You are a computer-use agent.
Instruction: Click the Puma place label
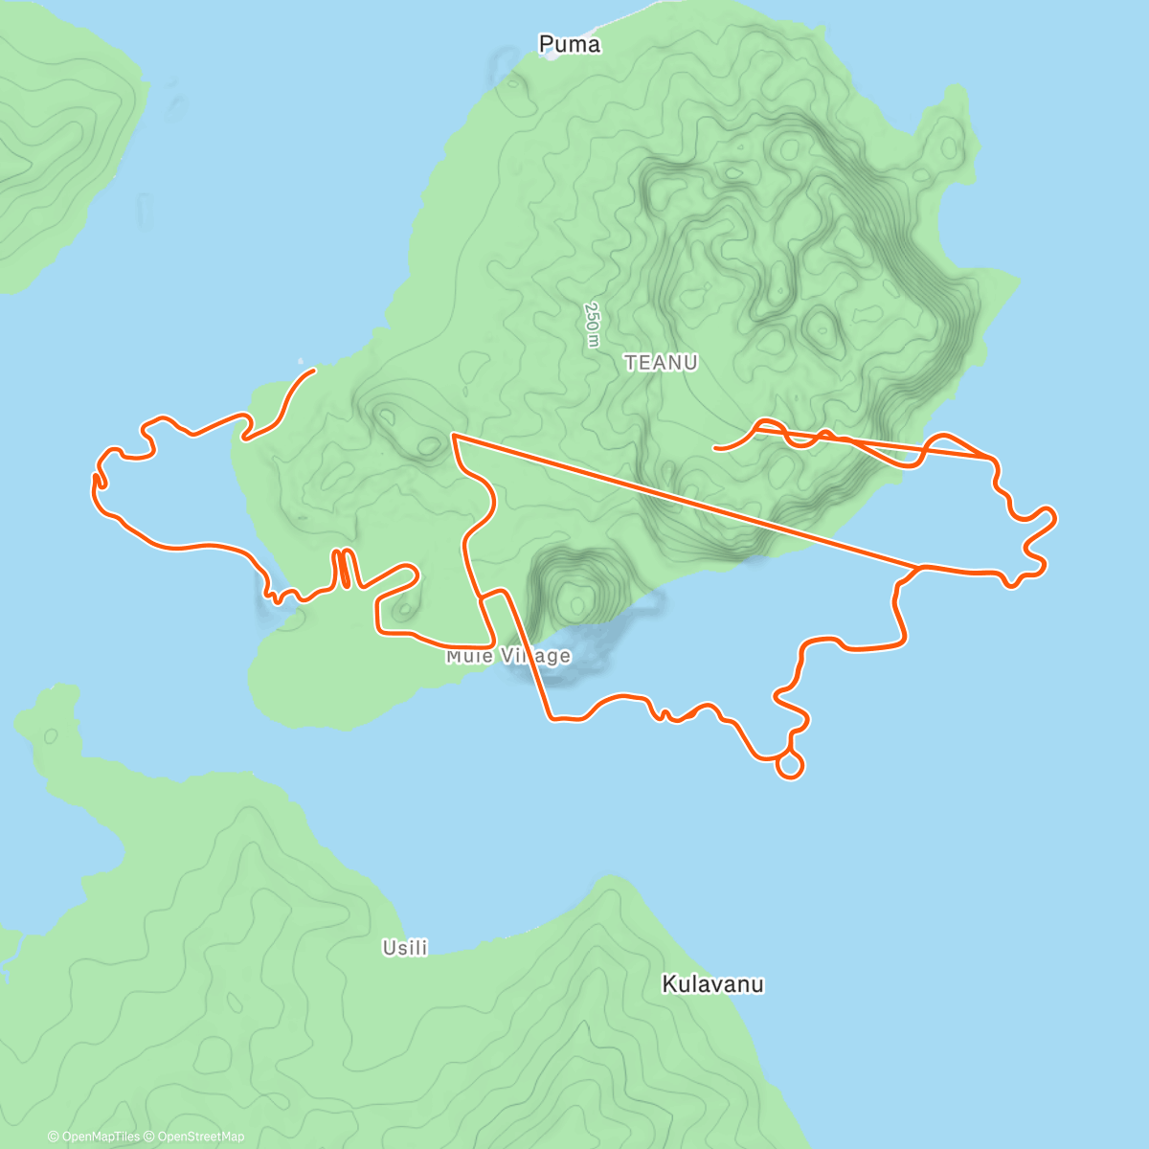coord(570,44)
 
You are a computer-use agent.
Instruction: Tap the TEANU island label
coord(661,363)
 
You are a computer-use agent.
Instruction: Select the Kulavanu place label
coord(712,984)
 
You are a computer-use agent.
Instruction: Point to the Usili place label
coord(404,948)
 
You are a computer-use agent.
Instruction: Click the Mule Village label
coord(508,656)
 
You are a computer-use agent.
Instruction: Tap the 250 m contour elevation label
coord(593,326)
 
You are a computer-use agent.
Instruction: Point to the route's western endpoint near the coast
coord(313,371)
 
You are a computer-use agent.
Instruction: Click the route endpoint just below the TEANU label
coord(715,447)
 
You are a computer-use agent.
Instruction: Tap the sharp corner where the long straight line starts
coord(452,436)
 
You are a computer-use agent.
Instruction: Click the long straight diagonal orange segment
coord(680,500)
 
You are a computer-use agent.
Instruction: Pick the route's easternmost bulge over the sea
coord(1052,518)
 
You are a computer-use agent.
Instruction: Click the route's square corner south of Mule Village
coord(549,716)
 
